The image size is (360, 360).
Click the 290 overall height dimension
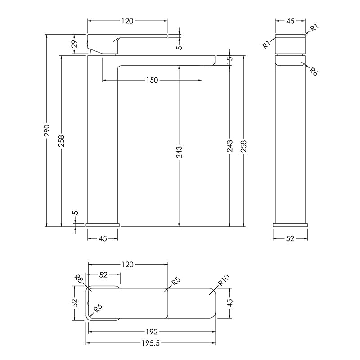click(47, 130)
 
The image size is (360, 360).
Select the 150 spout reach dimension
click(152, 80)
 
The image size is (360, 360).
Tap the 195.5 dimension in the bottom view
click(151, 343)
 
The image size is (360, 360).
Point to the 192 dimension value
click(152, 332)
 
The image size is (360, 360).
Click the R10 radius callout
click(223, 280)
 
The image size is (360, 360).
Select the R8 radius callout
click(80, 279)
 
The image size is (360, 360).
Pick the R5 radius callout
click(176, 281)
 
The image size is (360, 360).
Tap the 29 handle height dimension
click(75, 44)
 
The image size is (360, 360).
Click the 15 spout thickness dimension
click(229, 60)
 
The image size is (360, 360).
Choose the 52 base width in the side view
click(290, 238)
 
